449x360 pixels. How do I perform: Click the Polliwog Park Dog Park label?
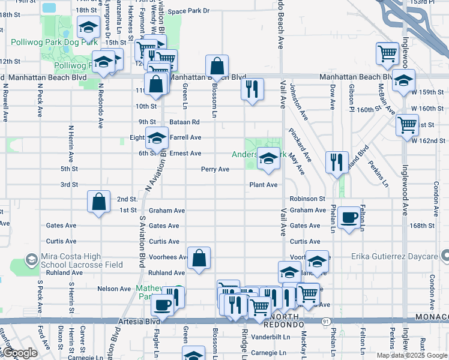point(54,43)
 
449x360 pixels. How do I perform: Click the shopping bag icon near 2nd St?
point(98,202)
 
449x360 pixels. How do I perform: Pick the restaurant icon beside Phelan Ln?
point(336,161)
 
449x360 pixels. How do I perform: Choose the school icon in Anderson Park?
point(268,158)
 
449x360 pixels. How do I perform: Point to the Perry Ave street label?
point(215,169)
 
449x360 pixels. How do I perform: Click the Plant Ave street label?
point(264,185)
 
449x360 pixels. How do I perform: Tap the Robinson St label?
point(307,199)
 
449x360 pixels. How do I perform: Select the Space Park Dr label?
point(188,11)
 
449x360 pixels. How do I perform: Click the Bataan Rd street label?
point(184,122)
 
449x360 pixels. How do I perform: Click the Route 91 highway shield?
point(325,322)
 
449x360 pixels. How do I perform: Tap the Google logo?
point(20,352)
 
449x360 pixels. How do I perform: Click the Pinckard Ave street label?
point(300,145)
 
